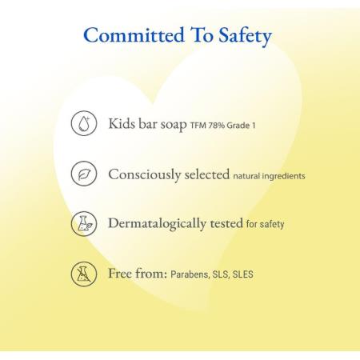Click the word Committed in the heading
tap(134, 34)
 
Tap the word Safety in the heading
tap(245, 36)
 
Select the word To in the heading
tap(202, 35)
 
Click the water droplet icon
tap(84, 123)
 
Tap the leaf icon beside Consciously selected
tap(84, 174)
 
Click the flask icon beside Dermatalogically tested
tap(84, 224)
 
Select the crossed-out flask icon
tap(84, 274)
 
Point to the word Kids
tap(122, 124)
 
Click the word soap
tap(174, 125)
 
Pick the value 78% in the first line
tap(217, 126)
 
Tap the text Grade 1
tap(242, 126)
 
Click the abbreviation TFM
tap(198, 126)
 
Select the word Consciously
tap(145, 174)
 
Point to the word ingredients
tap(284, 176)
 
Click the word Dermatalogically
tap(157, 224)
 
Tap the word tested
tap(226, 223)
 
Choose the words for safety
tap(266, 224)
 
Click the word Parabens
tap(190, 274)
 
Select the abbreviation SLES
tap(243, 274)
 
